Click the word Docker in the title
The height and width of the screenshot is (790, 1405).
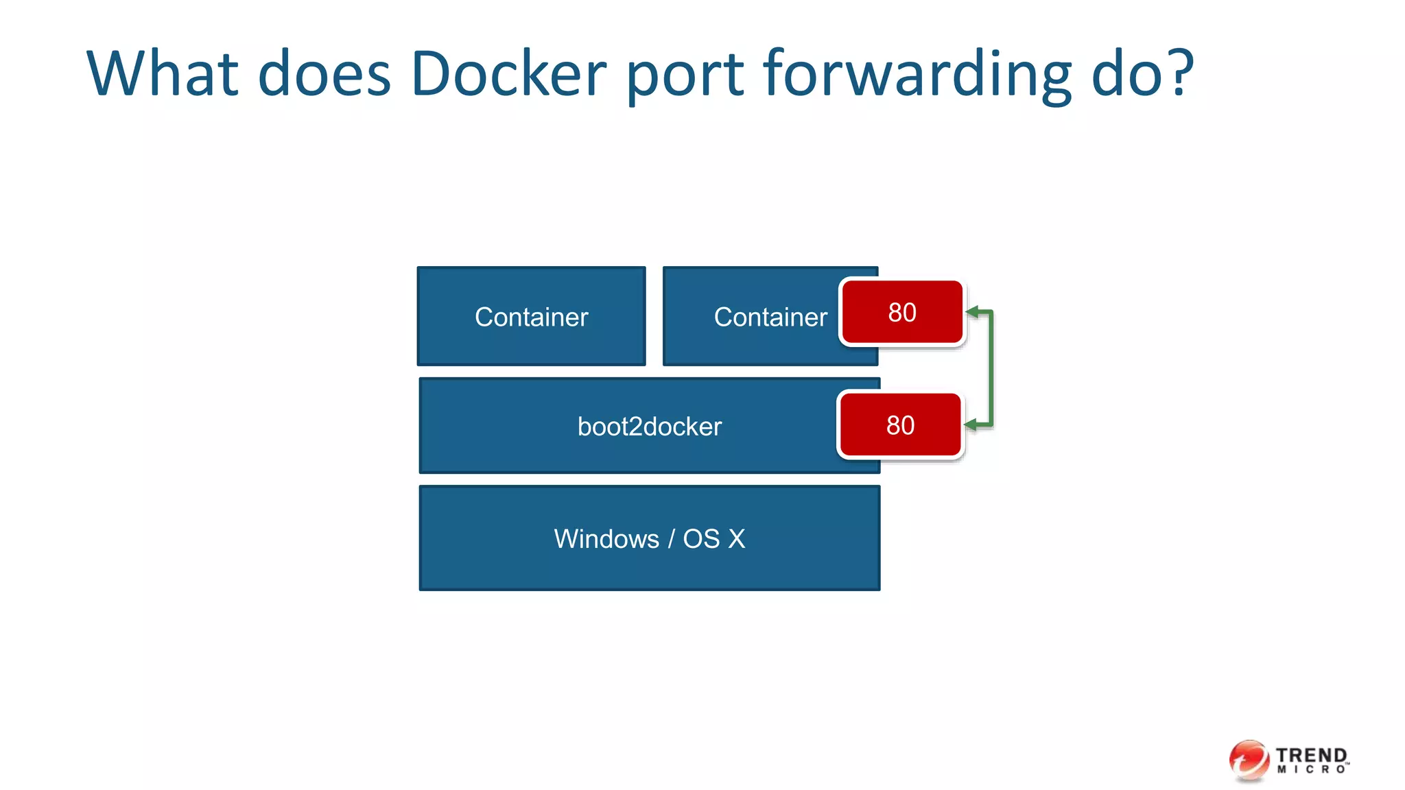[x=508, y=74]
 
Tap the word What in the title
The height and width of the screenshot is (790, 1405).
[x=162, y=74]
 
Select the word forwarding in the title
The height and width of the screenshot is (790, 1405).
[x=917, y=74]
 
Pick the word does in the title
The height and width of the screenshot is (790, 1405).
[x=324, y=74]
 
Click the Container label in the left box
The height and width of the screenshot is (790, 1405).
[x=532, y=317]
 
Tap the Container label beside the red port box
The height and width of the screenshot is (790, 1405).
[x=770, y=317]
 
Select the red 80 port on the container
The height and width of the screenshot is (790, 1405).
[x=902, y=312]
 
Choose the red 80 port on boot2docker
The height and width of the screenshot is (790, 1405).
[x=900, y=425]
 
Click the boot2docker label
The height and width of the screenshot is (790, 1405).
[x=649, y=427]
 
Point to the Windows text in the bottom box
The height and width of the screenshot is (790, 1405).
[x=606, y=539]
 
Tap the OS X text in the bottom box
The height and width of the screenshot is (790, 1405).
[x=713, y=539]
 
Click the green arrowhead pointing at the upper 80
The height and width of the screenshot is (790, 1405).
[x=972, y=312]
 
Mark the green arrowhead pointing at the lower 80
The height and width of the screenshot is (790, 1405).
[x=971, y=425]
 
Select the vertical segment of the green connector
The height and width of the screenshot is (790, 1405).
[x=991, y=369]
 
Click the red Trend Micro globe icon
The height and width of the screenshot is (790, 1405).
[x=1249, y=760]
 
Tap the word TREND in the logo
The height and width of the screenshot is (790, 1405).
[x=1311, y=754]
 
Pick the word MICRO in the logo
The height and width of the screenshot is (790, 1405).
[x=1311, y=770]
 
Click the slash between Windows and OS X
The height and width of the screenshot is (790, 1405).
[x=671, y=539]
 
